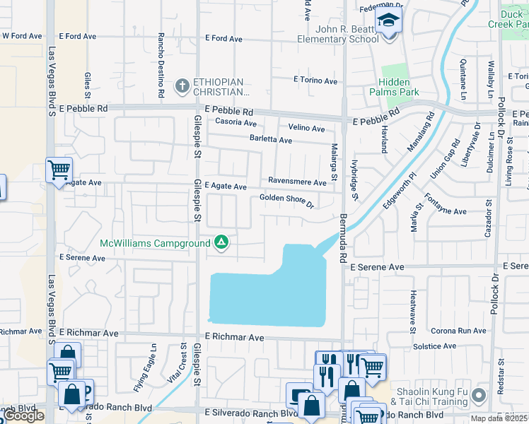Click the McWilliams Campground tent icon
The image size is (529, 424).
pos(221,244)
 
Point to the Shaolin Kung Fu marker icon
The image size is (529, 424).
pos(480,395)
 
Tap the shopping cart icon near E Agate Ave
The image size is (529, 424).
pos(59,170)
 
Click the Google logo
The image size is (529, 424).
pos(23,416)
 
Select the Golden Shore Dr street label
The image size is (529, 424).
pos(286,201)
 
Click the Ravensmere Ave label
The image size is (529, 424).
pos(297,182)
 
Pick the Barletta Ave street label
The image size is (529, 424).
pos(271,140)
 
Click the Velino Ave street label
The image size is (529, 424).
pos(306,128)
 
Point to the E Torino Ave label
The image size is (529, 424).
pos(315,81)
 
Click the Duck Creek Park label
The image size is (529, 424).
pos(508,19)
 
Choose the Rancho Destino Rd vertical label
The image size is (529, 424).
pos(161,64)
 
